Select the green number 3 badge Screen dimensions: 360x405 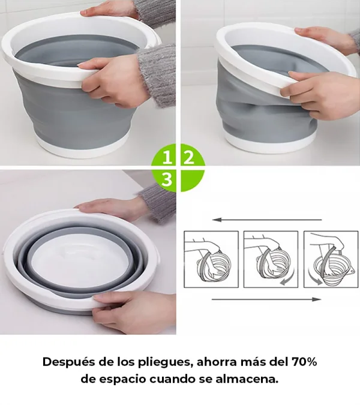pos(167,179)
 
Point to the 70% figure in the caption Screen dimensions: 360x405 pos(304,362)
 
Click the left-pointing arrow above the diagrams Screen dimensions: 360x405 pos(267,220)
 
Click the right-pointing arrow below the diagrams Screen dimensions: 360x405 pos(266,299)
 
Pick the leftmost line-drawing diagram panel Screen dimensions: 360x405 pos(211,259)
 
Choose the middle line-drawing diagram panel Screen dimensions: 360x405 pos(271,259)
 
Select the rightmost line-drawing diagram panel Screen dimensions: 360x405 pos(331,259)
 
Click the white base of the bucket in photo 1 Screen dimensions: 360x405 pos(83,148)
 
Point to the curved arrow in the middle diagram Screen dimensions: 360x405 pos(287,280)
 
